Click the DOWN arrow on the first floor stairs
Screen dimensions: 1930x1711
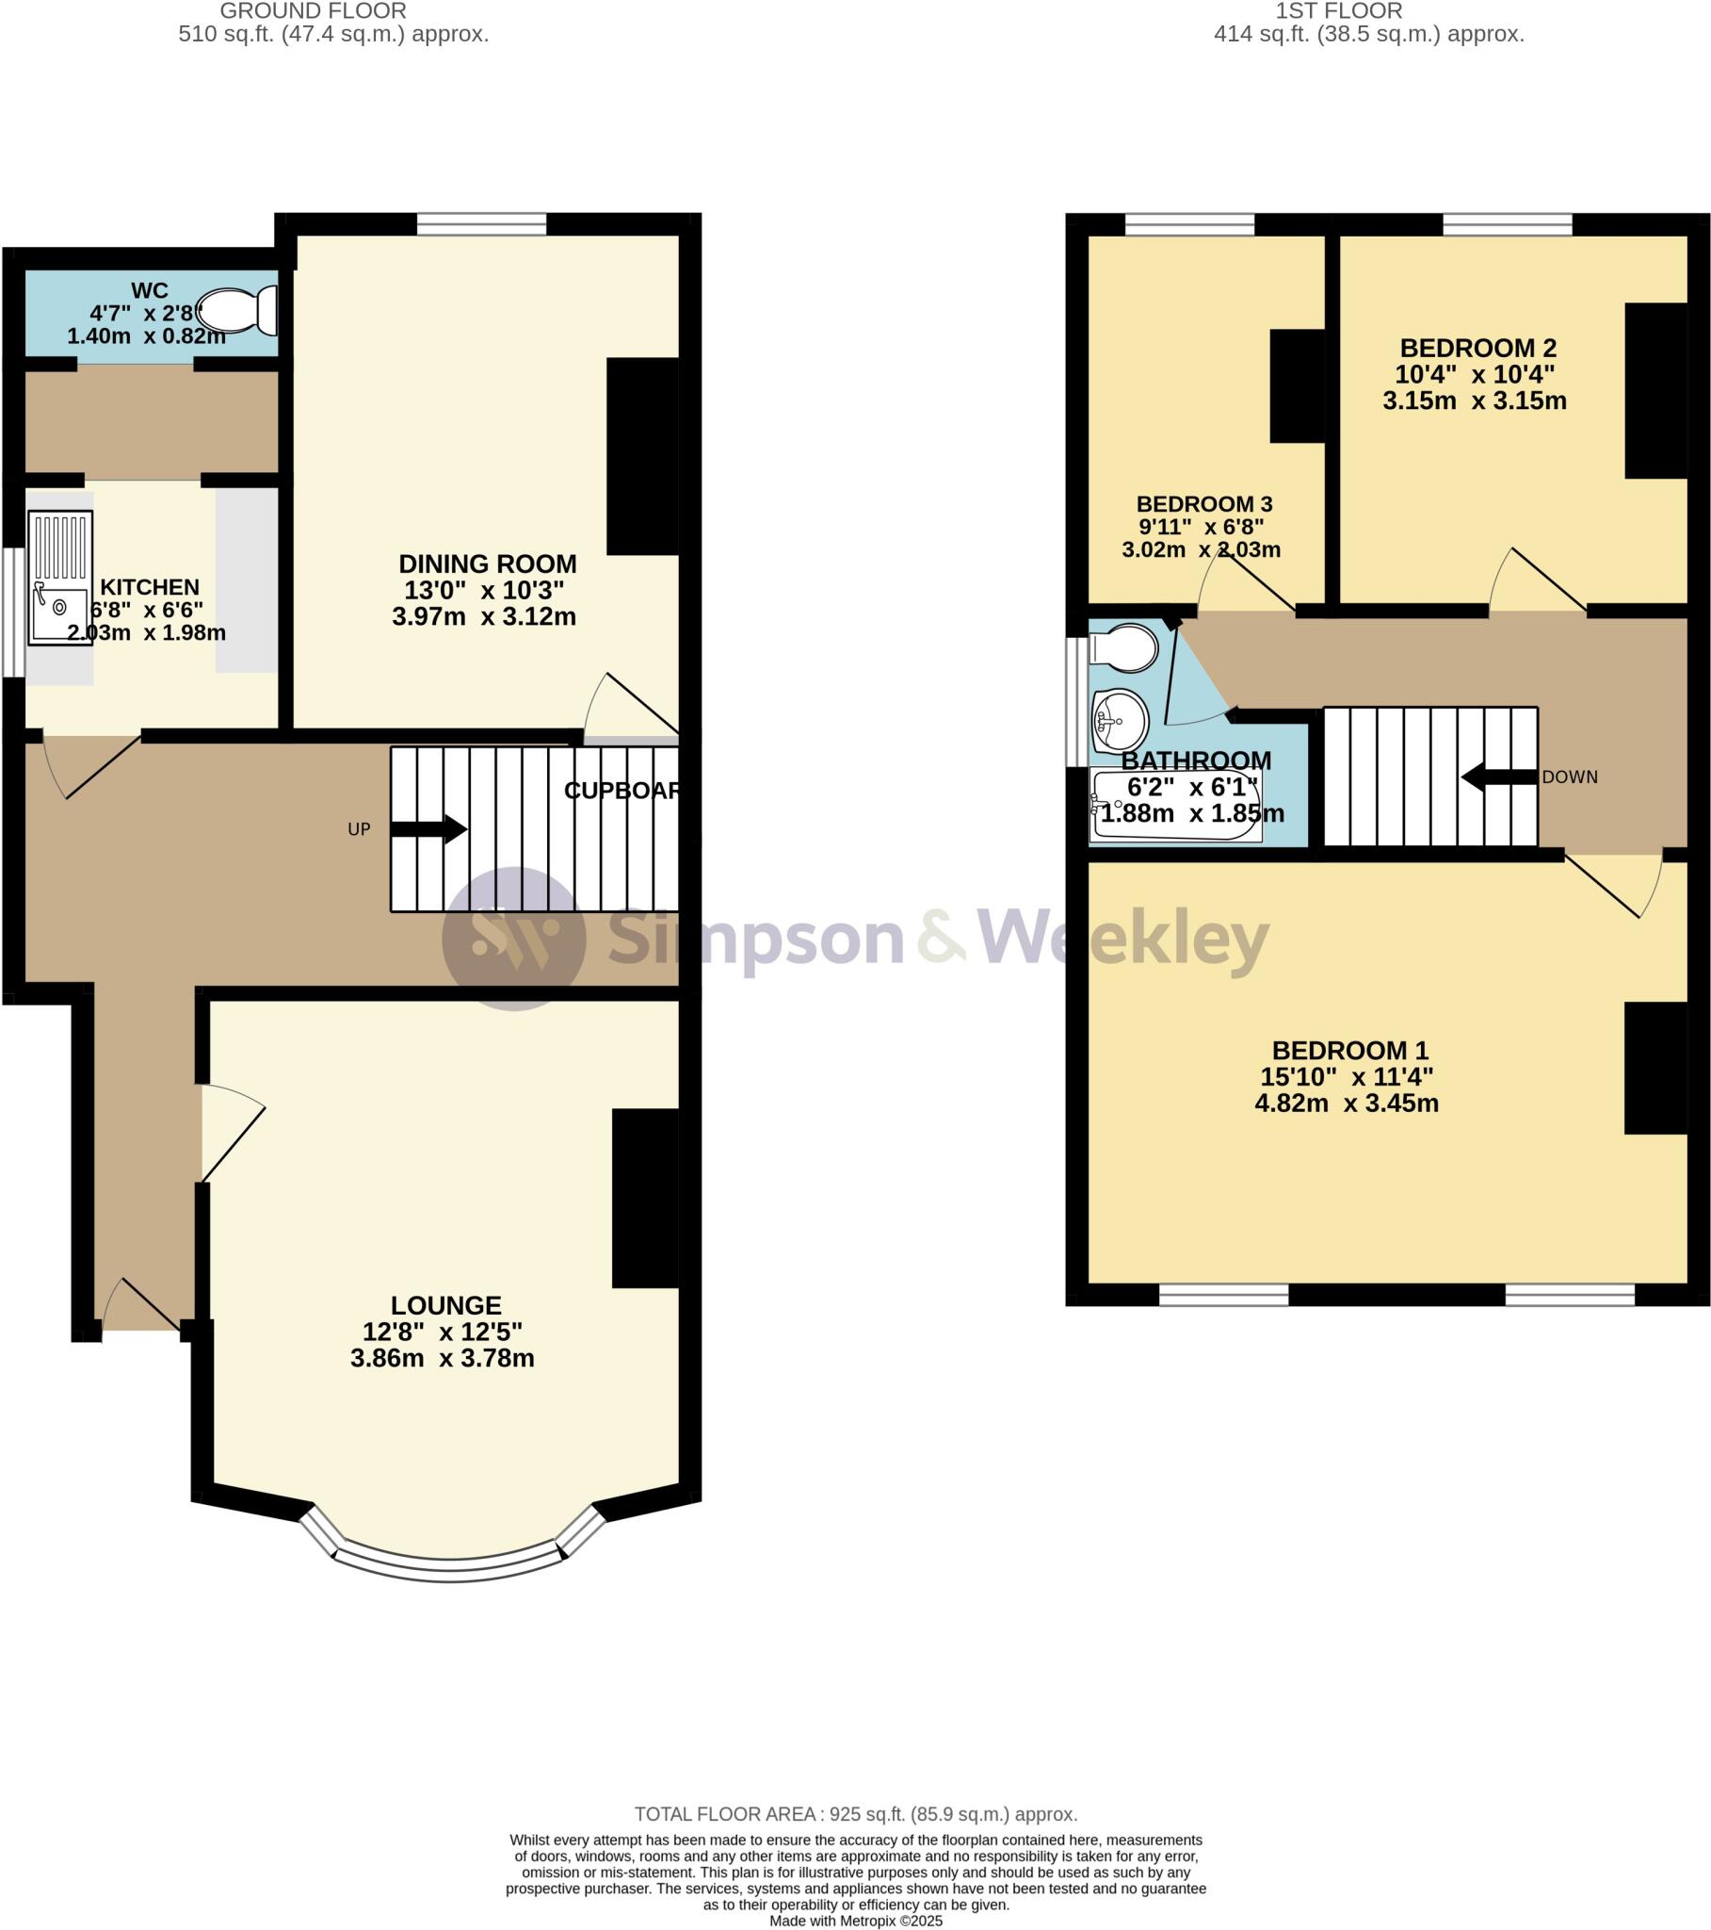[x=1500, y=777]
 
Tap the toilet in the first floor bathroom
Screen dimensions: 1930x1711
[x=1123, y=648]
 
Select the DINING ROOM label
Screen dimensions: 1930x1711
[x=487, y=564]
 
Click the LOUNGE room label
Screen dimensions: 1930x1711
[x=445, y=1305]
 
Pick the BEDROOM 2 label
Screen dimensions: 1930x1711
[x=1477, y=349]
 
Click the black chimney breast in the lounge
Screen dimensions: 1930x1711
[x=646, y=1197]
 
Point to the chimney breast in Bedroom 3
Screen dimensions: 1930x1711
[x=1297, y=385]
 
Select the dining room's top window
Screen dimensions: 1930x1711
[x=481, y=223]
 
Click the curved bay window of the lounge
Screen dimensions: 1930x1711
[x=449, y=1568]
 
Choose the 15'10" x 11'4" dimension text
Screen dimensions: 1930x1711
[x=1346, y=1076]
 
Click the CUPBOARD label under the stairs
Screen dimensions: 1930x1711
[x=621, y=791]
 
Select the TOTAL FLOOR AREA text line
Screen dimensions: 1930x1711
[x=855, y=1814]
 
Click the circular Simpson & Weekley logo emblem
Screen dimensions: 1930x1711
[x=514, y=938]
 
